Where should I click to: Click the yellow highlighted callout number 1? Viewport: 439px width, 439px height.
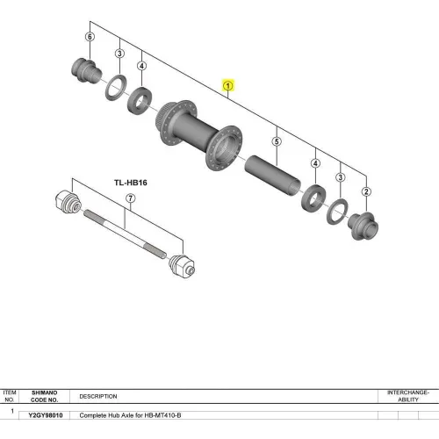tap(228, 86)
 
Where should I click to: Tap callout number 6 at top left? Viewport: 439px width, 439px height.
tap(90, 37)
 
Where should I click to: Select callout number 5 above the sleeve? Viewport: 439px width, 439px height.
tap(277, 141)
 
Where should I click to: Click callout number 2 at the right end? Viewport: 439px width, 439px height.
tap(366, 191)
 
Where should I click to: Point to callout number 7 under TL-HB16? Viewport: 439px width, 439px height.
tap(131, 198)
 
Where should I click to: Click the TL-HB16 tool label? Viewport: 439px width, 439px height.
tap(131, 183)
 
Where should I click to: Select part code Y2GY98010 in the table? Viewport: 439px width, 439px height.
tap(46, 415)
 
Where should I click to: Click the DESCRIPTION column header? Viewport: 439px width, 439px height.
tap(98, 396)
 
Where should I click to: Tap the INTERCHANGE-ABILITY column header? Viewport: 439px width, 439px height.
tap(408, 396)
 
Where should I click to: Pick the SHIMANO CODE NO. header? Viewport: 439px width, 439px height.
tap(45, 396)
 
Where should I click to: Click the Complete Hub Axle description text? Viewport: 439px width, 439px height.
tap(130, 415)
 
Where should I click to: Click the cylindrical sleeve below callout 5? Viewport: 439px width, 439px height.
tap(272, 176)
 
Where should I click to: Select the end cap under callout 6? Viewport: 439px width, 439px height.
tap(87, 71)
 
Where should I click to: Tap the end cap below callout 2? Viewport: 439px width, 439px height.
tap(363, 227)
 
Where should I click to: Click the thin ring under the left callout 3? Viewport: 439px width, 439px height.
tap(116, 88)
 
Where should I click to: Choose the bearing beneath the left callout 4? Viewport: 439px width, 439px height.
tap(140, 101)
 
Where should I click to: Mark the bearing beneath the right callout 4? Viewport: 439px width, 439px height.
tap(313, 198)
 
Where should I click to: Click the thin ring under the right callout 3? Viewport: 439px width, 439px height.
tap(337, 212)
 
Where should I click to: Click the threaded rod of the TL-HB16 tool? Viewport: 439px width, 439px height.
tap(126, 234)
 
